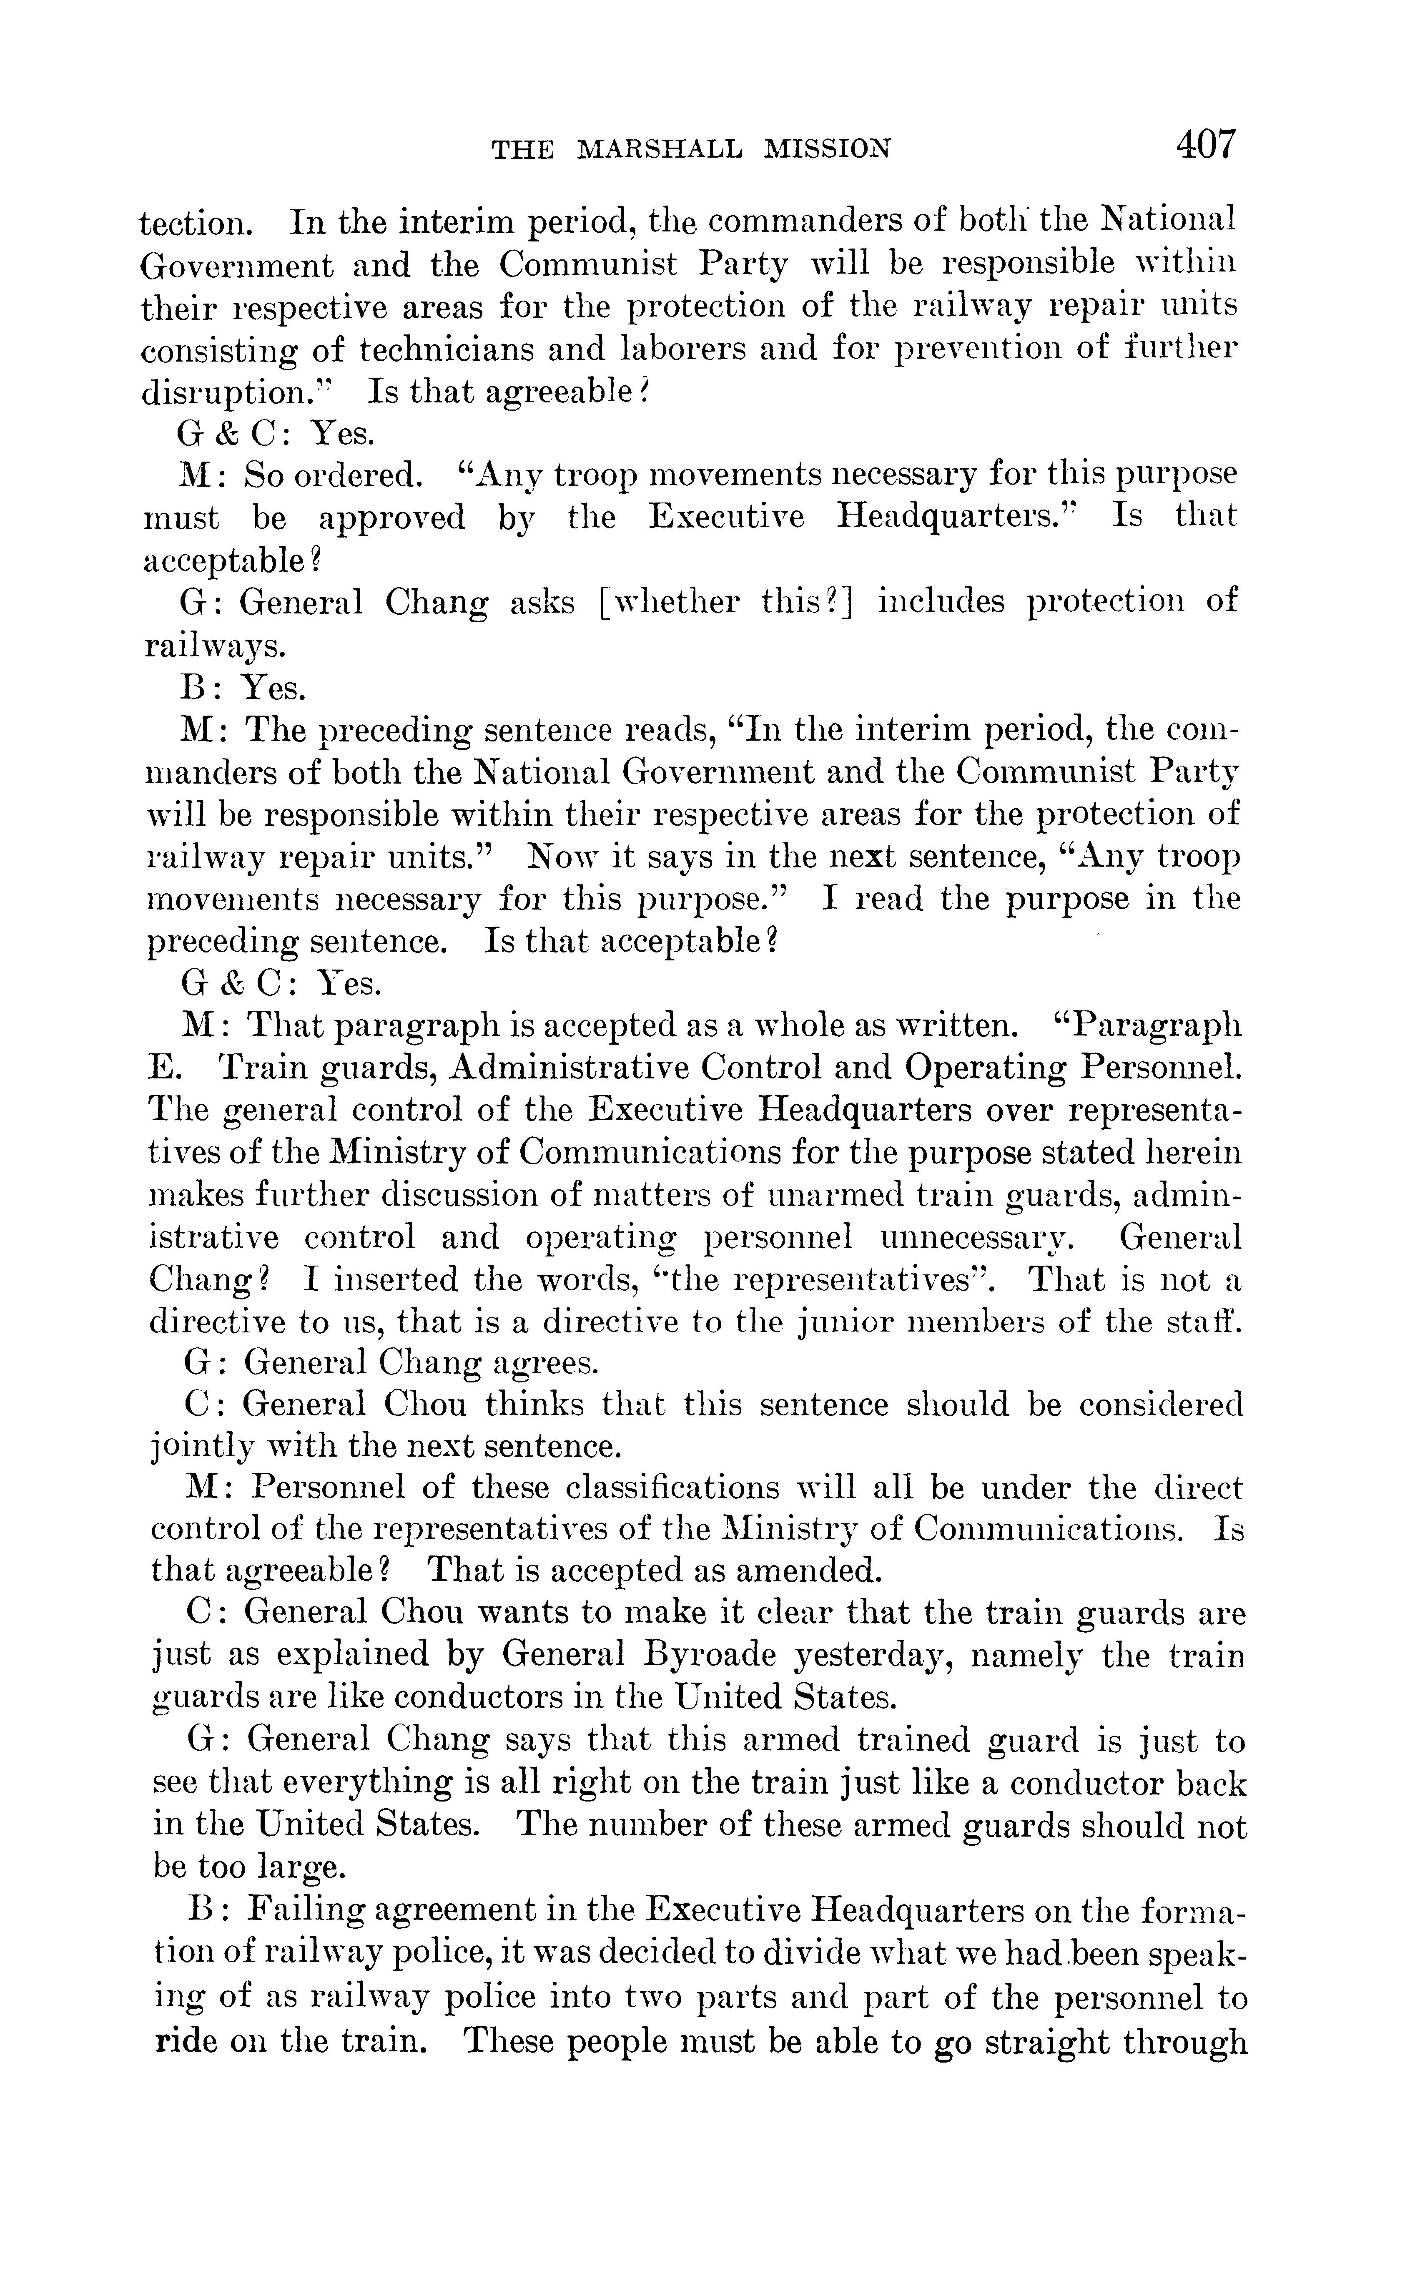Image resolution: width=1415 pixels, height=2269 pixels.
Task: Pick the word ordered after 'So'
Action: click(356, 475)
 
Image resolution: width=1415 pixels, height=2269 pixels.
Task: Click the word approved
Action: click(391, 518)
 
